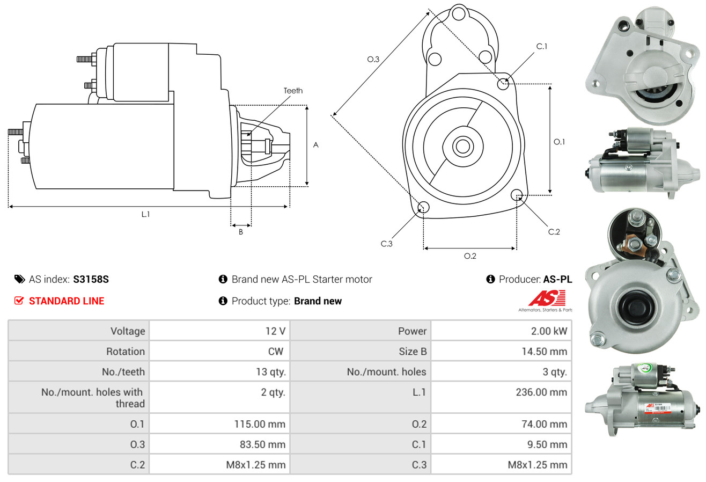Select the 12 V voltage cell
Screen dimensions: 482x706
(275, 331)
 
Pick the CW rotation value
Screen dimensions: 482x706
(277, 352)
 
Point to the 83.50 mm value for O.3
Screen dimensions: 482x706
(263, 444)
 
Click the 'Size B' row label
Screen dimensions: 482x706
(409, 352)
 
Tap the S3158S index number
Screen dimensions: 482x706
(91, 279)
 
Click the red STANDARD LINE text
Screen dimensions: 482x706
(66, 301)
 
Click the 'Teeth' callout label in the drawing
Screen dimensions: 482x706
(293, 91)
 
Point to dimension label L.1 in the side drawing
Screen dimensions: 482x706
(145, 214)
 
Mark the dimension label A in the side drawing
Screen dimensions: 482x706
(316, 145)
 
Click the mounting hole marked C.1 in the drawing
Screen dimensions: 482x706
(503, 84)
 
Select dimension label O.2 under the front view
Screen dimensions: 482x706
(470, 256)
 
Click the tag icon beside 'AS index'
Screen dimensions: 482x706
(19, 279)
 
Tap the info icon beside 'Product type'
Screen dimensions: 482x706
(223, 301)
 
